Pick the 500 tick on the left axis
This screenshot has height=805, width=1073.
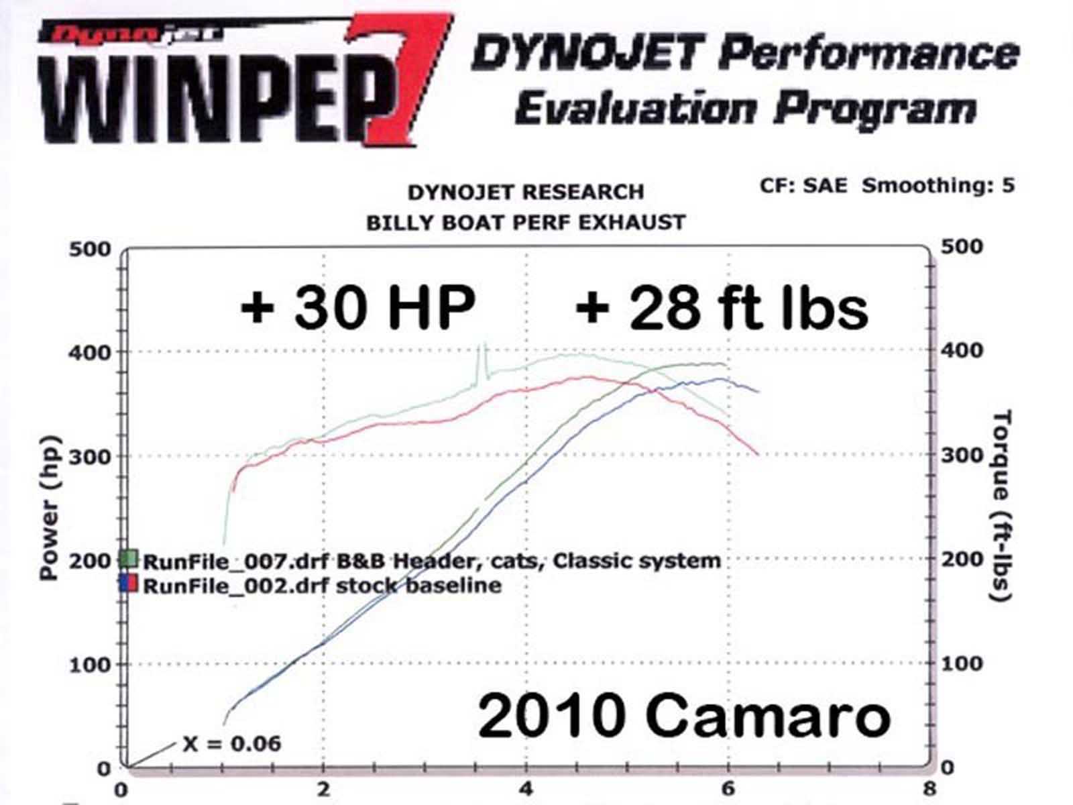(89, 249)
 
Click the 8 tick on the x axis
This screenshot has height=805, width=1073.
(929, 788)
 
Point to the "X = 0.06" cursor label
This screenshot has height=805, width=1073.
(231, 743)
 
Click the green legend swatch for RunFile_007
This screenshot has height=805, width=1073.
(129, 559)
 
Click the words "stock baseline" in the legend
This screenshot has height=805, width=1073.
(418, 585)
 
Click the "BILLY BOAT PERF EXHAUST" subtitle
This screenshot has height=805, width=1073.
(526, 222)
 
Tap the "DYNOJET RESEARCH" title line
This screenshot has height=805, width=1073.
(526, 193)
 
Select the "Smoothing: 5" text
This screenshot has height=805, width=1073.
(938, 185)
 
